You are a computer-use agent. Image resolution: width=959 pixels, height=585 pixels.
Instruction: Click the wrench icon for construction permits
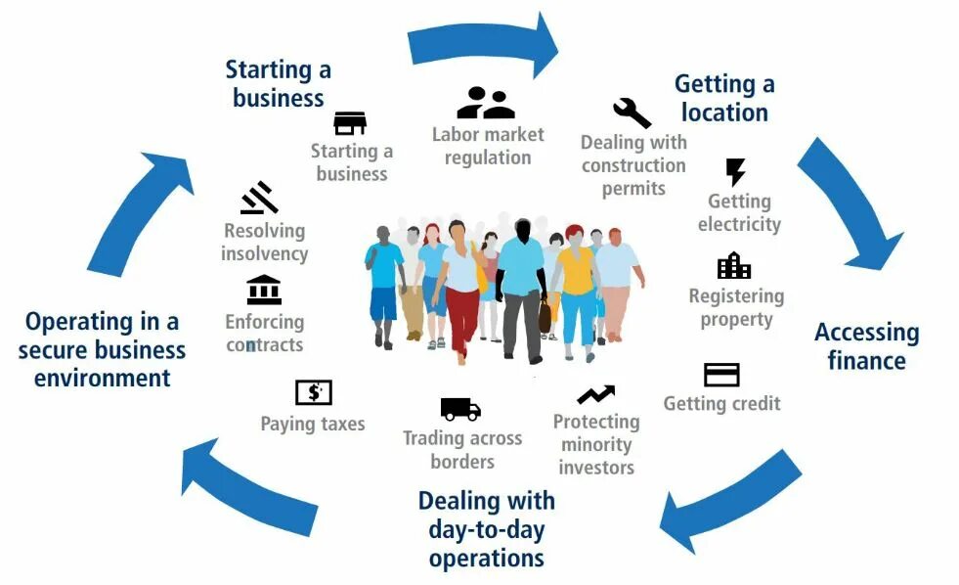click(632, 113)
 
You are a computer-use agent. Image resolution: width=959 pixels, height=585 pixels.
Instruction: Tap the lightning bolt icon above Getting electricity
click(735, 172)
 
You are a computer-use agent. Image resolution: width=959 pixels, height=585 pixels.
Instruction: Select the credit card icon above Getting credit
click(721, 375)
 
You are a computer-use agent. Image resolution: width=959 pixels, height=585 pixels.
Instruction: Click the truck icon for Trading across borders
click(460, 409)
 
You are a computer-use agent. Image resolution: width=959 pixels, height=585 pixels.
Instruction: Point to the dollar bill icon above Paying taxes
click(314, 392)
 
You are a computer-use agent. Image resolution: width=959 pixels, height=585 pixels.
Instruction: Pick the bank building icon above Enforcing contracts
click(264, 290)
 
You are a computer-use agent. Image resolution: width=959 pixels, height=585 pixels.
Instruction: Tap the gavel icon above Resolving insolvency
click(259, 198)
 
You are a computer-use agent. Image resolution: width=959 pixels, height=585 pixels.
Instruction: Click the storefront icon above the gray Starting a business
click(350, 123)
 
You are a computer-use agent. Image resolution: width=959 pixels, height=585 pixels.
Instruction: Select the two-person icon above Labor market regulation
click(485, 103)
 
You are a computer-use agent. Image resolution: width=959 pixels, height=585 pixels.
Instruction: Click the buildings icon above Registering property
click(734, 265)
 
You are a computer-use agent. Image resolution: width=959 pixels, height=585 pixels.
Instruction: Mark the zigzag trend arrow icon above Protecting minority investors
click(595, 394)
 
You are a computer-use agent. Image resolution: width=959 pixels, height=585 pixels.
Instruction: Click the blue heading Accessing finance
click(866, 346)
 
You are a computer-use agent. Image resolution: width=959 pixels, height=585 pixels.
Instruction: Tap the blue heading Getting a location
click(724, 98)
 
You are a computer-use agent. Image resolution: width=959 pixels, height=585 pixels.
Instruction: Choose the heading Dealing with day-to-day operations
click(486, 529)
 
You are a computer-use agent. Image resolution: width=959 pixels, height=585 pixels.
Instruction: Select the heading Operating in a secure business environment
click(102, 349)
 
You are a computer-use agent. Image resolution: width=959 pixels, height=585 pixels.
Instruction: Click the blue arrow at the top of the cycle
click(483, 43)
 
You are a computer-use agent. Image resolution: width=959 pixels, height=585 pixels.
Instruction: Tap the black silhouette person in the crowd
click(521, 284)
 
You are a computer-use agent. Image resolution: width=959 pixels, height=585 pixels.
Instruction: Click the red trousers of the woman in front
click(462, 318)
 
